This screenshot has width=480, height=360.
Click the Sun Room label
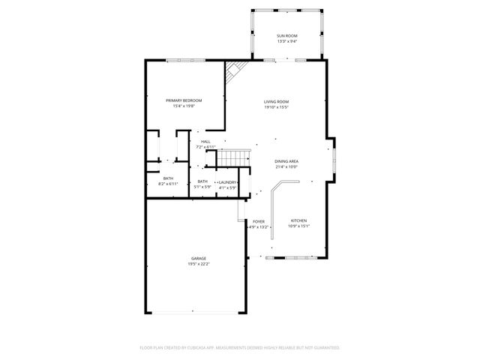pos(286,36)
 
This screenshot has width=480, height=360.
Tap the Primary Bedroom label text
pos(184,100)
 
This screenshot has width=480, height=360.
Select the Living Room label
pos(276,101)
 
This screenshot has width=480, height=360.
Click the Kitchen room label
pos(298,220)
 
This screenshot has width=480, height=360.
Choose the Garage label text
pos(199,258)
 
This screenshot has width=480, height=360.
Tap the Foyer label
pos(258,221)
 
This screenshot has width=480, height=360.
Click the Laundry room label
pos(227,181)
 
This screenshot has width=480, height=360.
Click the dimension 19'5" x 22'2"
pos(199,264)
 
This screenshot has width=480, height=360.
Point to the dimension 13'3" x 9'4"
pos(286,42)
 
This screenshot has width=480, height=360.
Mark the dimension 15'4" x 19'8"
pos(184,106)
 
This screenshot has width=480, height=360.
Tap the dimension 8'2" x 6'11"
pos(167,184)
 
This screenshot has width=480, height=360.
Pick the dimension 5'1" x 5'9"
pos(202,187)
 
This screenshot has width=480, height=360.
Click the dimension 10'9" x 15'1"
pos(298,226)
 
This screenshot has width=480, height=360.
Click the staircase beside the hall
pos(233,158)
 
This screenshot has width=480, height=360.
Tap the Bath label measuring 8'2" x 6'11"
pos(167,178)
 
